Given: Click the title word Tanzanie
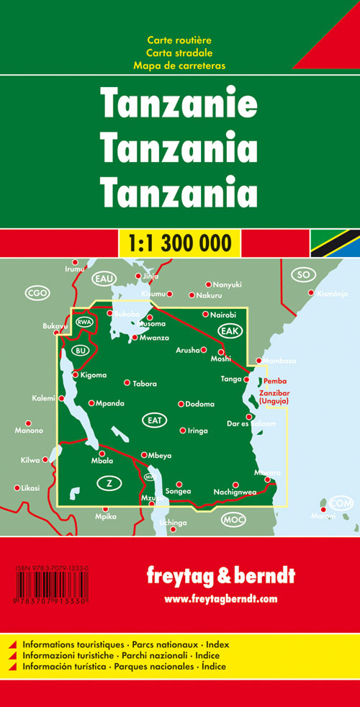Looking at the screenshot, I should tap(179, 104).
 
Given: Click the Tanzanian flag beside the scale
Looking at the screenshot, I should tap(335, 243).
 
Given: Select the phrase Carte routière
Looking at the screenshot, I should tap(179, 40).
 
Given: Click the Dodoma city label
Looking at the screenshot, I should tap(199, 405).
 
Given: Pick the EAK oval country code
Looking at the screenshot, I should tap(231, 330).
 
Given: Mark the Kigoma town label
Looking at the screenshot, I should tap(93, 375).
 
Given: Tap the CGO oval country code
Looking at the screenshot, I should tap(36, 292).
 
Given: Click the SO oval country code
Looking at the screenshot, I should tap(303, 274).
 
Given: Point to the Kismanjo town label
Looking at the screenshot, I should tap(332, 294).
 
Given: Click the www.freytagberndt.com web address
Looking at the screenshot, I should tap(220, 599).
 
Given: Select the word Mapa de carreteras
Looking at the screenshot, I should tap(179, 66).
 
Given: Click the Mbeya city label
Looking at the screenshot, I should tap(160, 455).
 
